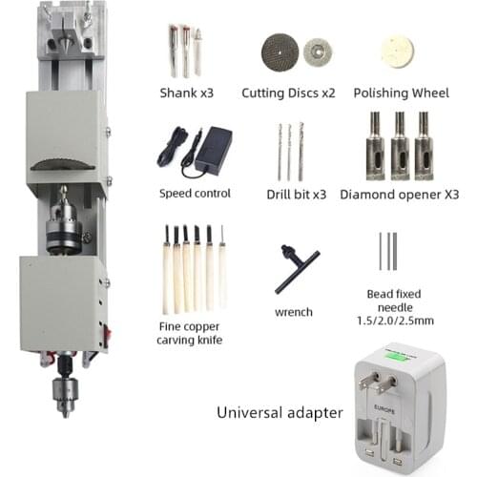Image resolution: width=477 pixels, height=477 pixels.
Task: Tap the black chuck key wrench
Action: (x=292, y=268)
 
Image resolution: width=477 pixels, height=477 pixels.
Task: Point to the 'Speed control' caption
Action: (x=195, y=193)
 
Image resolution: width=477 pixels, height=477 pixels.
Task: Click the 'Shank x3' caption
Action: (x=187, y=93)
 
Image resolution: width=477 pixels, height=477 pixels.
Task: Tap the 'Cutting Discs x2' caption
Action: (x=296, y=93)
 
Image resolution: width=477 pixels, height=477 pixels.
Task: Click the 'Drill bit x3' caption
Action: (x=296, y=194)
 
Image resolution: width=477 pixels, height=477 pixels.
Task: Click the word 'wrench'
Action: (x=294, y=312)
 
